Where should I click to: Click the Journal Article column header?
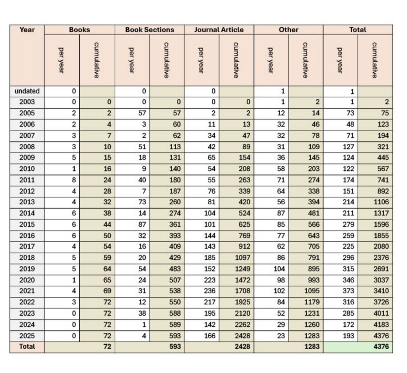click(219, 30)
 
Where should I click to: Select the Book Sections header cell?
click(150, 30)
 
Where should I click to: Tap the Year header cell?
click(27, 30)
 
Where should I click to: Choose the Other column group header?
click(288, 30)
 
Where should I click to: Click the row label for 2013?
click(27, 202)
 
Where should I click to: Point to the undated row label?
click(27, 91)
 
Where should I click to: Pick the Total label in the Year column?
click(27, 347)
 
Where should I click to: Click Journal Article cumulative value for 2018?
click(243, 258)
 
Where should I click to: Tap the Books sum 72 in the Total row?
click(107, 347)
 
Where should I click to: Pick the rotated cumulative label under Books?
click(97, 60)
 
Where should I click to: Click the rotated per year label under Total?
click(339, 60)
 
